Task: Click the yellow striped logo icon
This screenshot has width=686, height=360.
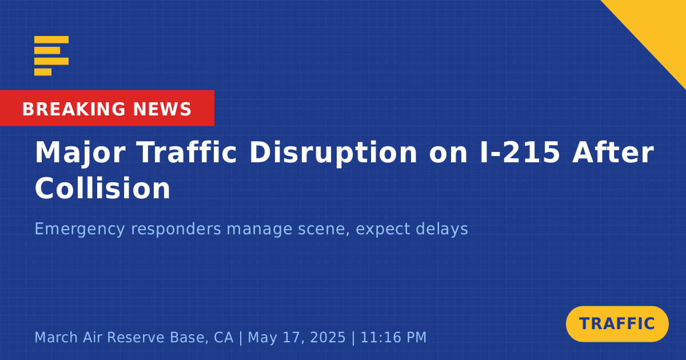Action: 51,56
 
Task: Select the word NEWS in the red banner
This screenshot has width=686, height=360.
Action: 162,109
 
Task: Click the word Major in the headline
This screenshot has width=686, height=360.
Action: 80,154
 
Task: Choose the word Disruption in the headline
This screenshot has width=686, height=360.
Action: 333,154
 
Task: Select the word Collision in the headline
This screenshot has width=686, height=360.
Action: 102,188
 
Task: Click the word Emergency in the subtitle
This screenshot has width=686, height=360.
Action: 79,229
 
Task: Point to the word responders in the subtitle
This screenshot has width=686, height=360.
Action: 176,229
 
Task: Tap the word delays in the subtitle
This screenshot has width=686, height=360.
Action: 442,229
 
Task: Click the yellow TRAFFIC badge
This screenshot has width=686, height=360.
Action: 617,324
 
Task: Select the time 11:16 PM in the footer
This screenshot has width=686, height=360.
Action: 393,337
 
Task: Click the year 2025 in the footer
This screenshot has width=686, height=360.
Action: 328,337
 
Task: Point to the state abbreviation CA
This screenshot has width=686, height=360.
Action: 224,338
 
